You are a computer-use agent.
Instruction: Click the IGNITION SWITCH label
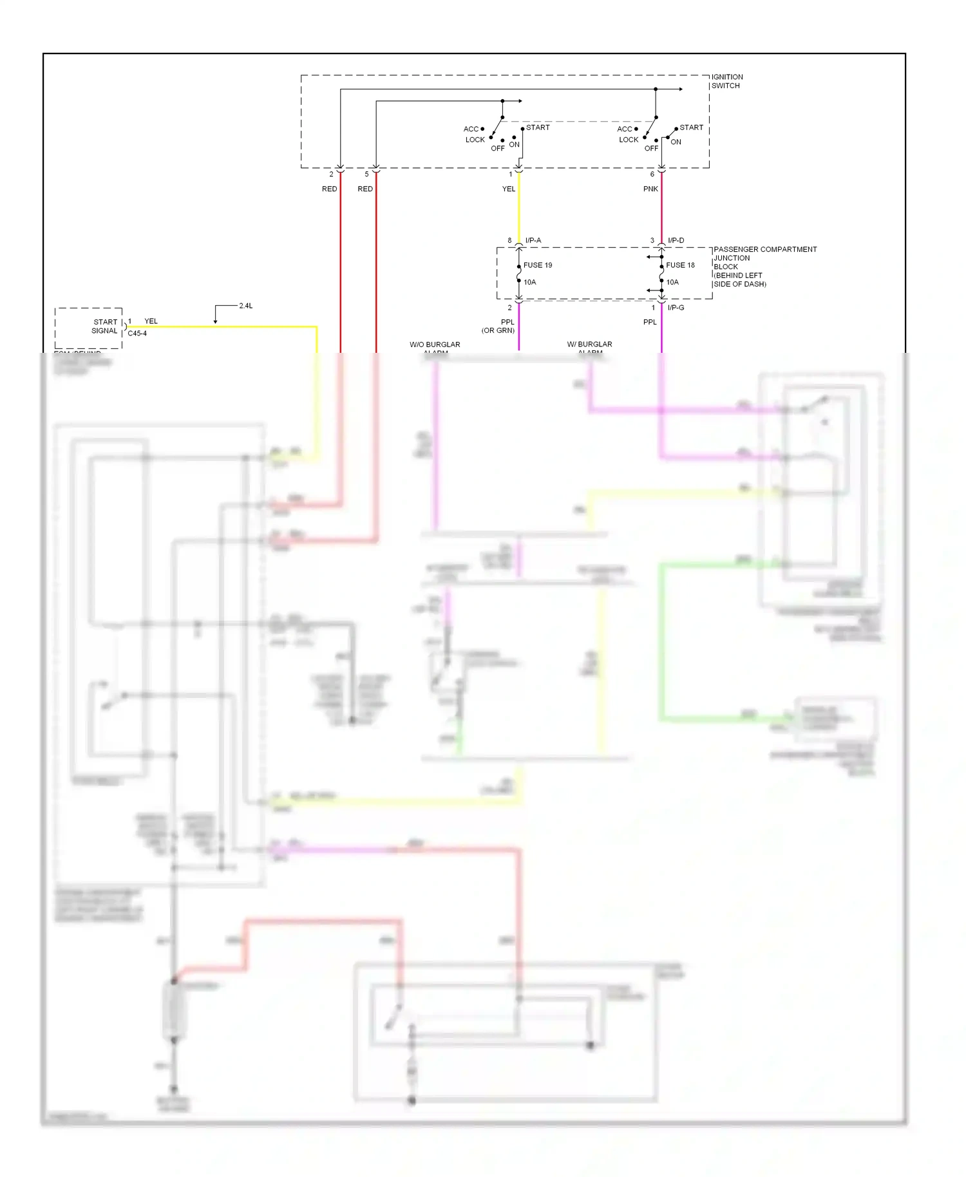pos(726,81)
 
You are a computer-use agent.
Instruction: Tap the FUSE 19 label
pos(537,265)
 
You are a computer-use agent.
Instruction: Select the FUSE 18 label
pos(680,265)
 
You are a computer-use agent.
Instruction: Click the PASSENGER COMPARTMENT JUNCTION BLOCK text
pos(764,266)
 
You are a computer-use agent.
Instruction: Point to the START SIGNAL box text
pos(105,326)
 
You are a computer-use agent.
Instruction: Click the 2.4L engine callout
pos(245,306)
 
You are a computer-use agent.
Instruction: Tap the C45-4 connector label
pos(137,334)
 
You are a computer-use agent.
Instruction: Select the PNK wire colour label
pos(650,189)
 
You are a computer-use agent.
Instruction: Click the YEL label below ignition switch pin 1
pos(509,189)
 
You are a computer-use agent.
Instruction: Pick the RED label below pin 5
pos(365,189)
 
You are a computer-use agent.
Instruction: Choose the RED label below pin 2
pos(329,189)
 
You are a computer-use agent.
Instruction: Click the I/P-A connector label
pos(533,241)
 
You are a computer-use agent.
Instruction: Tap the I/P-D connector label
pos(676,241)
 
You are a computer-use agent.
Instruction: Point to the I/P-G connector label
pos(676,308)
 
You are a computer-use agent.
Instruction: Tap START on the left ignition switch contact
pos(538,127)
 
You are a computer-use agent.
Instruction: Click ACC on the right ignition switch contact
pos(624,129)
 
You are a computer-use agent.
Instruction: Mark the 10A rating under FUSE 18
pos(672,282)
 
